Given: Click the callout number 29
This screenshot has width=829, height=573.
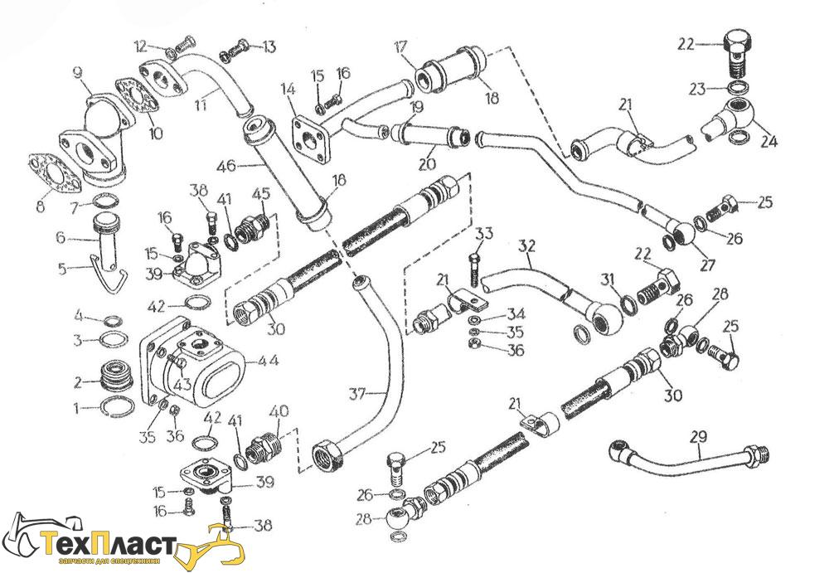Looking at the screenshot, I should pyautogui.click(x=698, y=434).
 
